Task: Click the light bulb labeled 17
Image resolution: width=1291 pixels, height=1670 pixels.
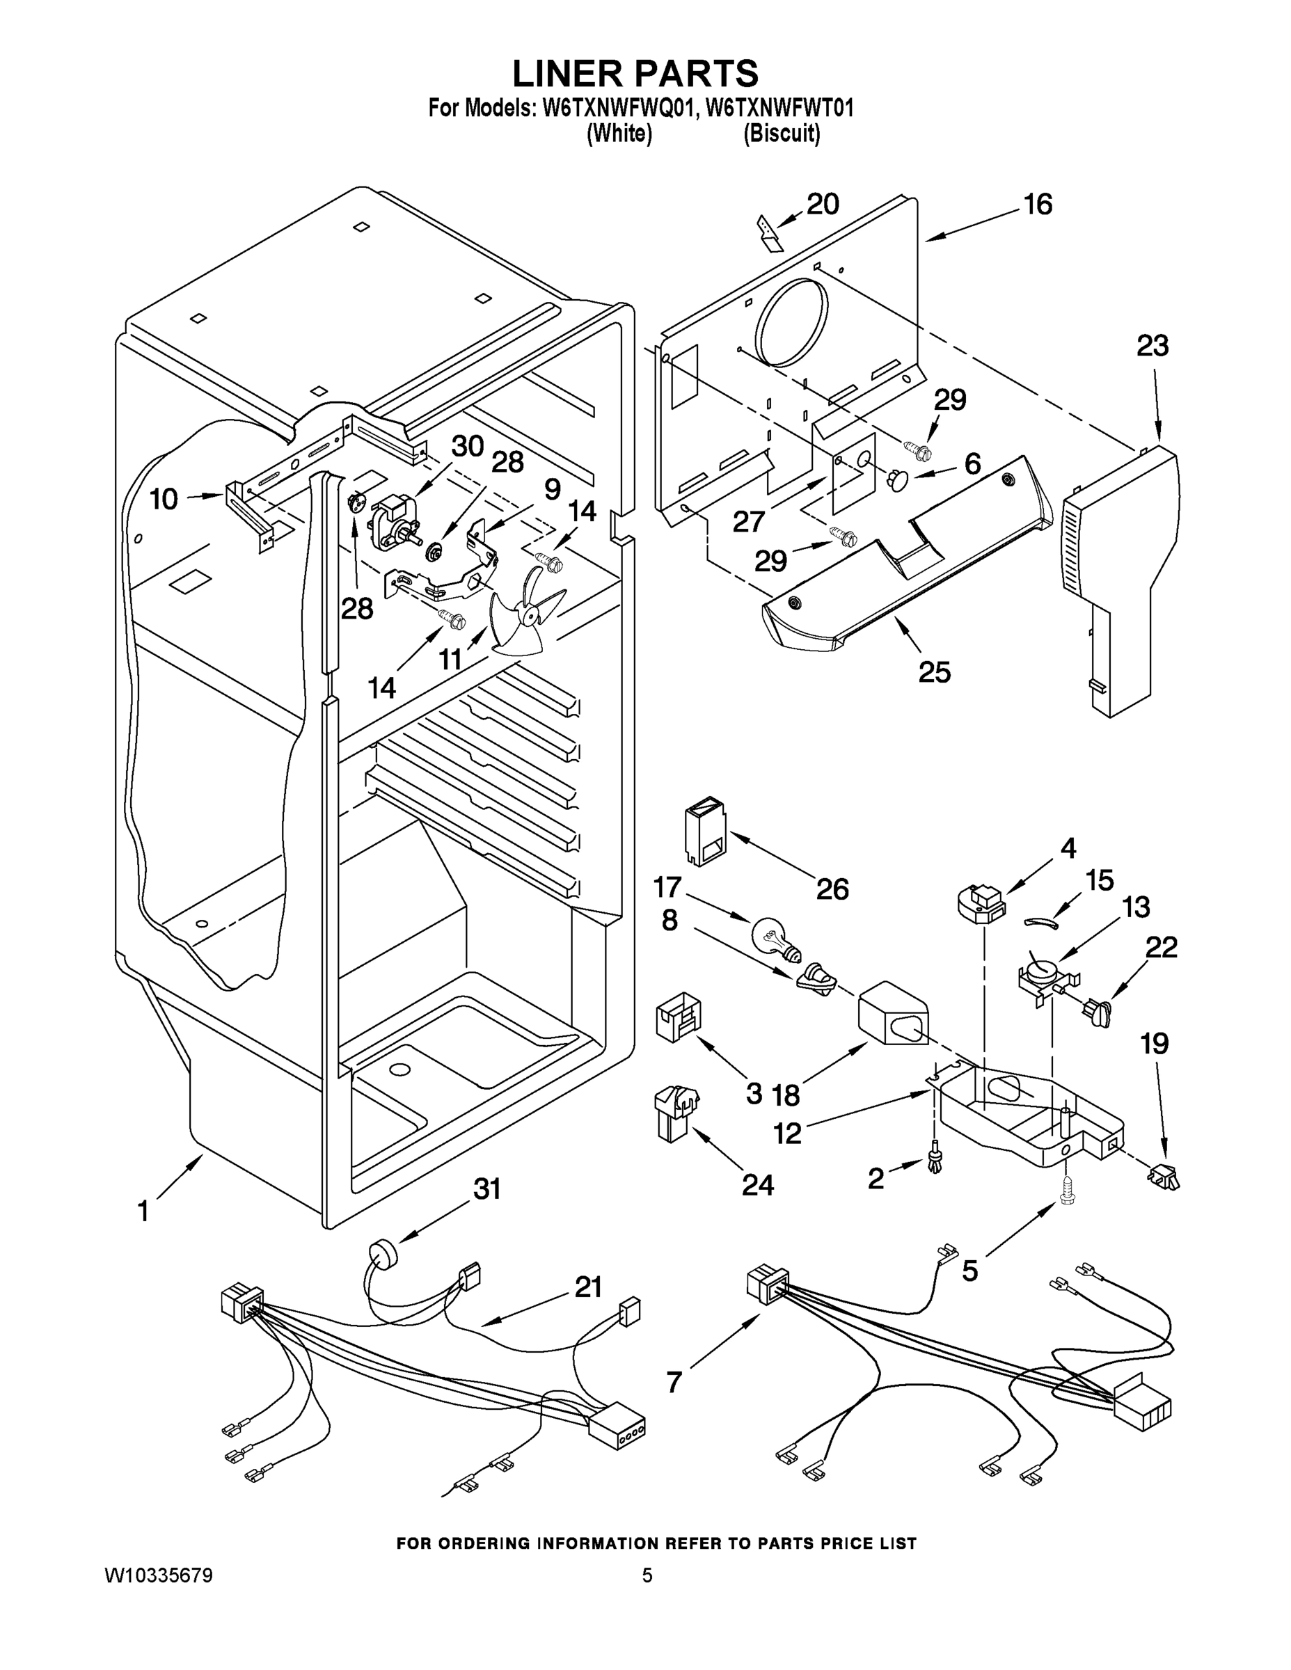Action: click(x=775, y=937)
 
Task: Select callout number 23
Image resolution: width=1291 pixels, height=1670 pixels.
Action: click(x=1152, y=346)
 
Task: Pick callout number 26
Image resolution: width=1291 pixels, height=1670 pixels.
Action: click(x=832, y=889)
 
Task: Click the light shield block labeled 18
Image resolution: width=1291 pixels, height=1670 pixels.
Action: click(x=892, y=1014)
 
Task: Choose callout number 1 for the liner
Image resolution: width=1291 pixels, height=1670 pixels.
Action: click(x=143, y=1211)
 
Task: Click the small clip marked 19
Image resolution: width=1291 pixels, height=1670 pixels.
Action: click(x=1163, y=1178)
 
